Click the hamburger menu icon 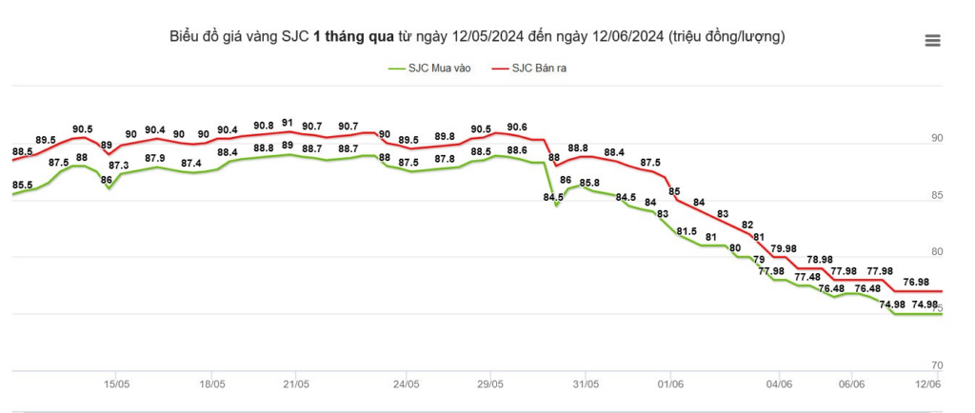pyautogui.click(x=932, y=40)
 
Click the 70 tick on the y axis pyautogui.click(x=937, y=365)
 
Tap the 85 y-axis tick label pyautogui.click(x=937, y=196)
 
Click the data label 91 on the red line pyautogui.click(x=288, y=123)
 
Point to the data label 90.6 pyautogui.click(x=517, y=128)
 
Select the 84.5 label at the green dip pyautogui.click(x=553, y=198)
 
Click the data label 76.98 pyautogui.click(x=916, y=282)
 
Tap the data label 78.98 pyautogui.click(x=820, y=259)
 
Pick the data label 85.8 pyautogui.click(x=589, y=183)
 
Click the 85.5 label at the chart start pyautogui.click(x=23, y=185)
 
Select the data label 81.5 pyautogui.click(x=686, y=230)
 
